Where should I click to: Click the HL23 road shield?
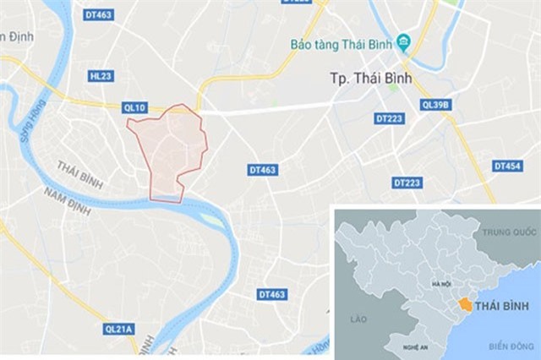[x=100, y=76]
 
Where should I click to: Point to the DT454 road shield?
[x=507, y=166]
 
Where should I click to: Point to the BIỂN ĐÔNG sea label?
[x=512, y=346]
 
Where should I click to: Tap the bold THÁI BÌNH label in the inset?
[x=504, y=305]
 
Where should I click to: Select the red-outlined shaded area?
[x=169, y=152]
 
